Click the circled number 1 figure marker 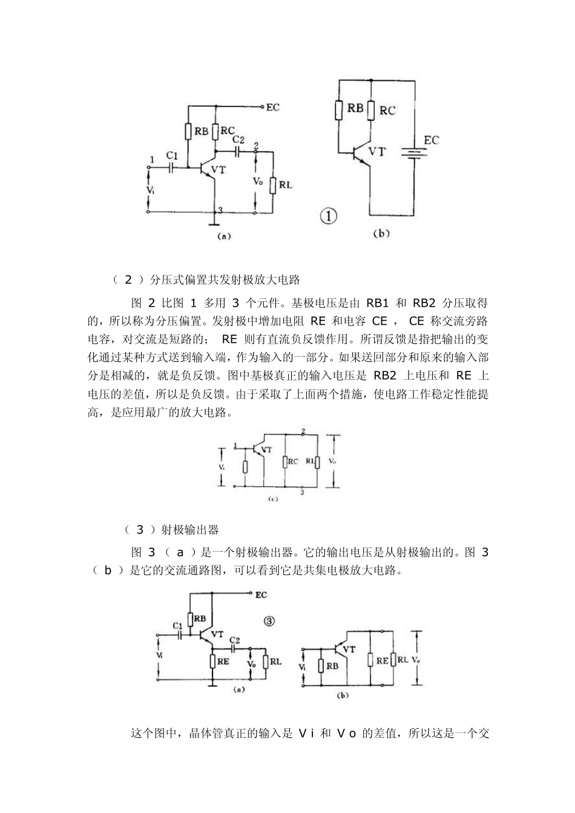[x=328, y=216]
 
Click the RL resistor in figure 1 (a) [x=274, y=184]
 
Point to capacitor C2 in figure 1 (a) [x=238, y=151]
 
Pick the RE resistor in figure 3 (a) [x=212, y=661]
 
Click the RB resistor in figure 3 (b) [x=321, y=665]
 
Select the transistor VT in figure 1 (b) [x=362, y=153]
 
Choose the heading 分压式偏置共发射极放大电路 [x=225, y=279]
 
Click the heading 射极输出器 [x=190, y=530]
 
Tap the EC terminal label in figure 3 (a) [x=261, y=595]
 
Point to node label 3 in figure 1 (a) [x=220, y=210]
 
